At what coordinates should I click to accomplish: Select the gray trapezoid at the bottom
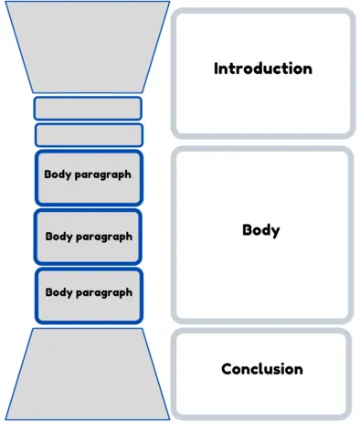(88, 375)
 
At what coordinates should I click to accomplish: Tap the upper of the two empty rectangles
(88, 109)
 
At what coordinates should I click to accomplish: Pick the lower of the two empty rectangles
(88, 135)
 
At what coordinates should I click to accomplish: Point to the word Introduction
(262, 69)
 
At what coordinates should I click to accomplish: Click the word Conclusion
(262, 369)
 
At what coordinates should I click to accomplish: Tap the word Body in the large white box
(260, 230)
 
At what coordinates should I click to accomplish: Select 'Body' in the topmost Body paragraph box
(58, 174)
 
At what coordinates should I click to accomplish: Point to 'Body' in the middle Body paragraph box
(58, 236)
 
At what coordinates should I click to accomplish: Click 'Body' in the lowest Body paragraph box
(58, 292)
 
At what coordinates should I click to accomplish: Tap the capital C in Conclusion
(227, 369)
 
